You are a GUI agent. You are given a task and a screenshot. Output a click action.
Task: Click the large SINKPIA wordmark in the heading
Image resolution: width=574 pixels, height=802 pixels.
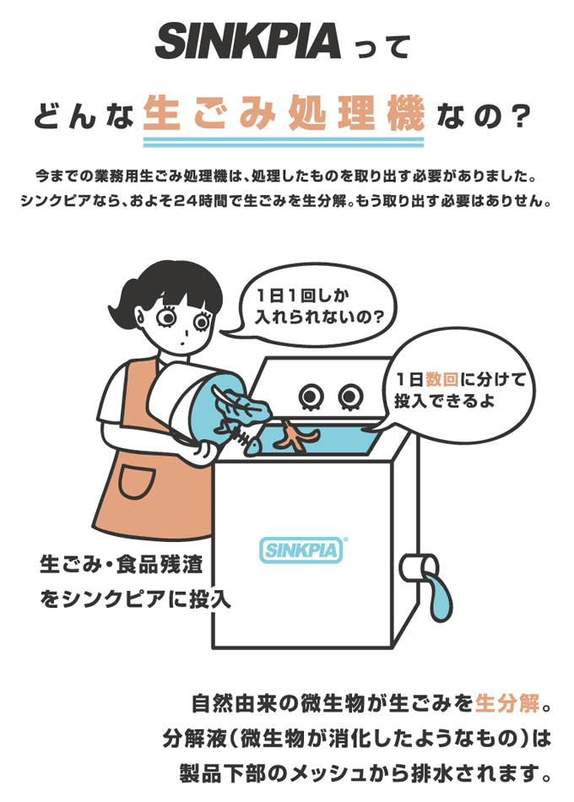tap(247, 41)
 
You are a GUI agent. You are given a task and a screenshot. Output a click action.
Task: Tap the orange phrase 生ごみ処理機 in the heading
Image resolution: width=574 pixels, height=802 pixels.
tap(284, 113)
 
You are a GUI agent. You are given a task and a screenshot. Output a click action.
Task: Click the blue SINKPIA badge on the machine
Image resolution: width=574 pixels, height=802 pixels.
tap(301, 550)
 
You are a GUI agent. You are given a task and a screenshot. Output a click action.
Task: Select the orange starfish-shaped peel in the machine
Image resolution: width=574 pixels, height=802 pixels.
tap(295, 436)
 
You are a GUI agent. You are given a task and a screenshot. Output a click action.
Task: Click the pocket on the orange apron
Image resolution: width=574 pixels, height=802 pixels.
tap(137, 482)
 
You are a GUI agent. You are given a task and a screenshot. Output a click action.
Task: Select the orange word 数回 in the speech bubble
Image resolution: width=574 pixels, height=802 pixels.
tap(441, 380)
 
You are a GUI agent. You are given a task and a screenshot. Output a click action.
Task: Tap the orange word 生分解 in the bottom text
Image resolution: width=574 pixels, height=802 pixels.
tap(507, 704)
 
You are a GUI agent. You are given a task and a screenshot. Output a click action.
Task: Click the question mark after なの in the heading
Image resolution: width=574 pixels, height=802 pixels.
tap(517, 116)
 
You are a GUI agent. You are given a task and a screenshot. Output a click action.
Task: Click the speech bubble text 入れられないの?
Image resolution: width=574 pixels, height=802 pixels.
tap(320, 318)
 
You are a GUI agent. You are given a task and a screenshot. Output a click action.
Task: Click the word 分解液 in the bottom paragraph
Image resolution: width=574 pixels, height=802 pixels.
tap(195, 739)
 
